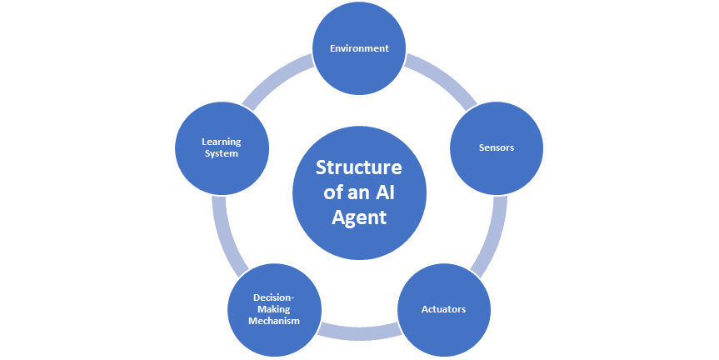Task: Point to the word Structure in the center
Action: (x=359, y=167)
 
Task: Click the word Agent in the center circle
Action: (x=359, y=218)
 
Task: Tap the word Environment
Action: (x=359, y=48)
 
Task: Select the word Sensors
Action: (x=497, y=147)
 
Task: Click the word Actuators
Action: (x=442, y=309)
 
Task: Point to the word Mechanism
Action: (x=276, y=321)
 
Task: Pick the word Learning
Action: (x=221, y=142)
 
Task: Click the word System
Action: (x=221, y=153)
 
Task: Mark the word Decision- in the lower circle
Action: (x=276, y=297)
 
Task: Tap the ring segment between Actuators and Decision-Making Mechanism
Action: (x=359, y=331)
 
